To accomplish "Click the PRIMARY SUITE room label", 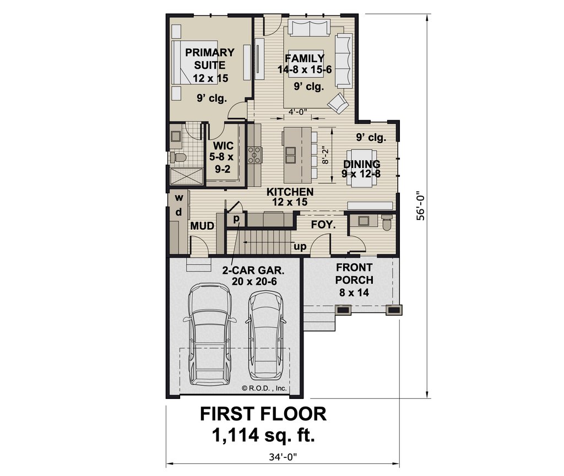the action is [x=210, y=58].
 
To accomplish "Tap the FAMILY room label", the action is [x=305, y=58].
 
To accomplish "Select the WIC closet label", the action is [x=223, y=146].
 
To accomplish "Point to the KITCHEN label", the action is [x=290, y=192].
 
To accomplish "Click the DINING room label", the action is [x=361, y=164].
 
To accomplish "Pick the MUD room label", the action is [x=202, y=226].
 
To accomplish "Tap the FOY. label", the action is [x=323, y=225].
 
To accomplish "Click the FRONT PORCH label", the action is [x=354, y=274].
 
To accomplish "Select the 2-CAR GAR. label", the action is [x=253, y=270].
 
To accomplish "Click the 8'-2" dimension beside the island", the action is [x=326, y=155].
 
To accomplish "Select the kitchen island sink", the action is [x=290, y=155].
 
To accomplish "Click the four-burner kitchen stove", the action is [x=254, y=155].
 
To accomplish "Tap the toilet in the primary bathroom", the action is [x=178, y=157].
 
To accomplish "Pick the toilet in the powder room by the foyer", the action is [x=387, y=223].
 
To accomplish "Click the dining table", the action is [x=364, y=167].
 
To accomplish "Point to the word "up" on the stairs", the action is [x=300, y=247].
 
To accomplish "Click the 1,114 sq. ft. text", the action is [x=263, y=435].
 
